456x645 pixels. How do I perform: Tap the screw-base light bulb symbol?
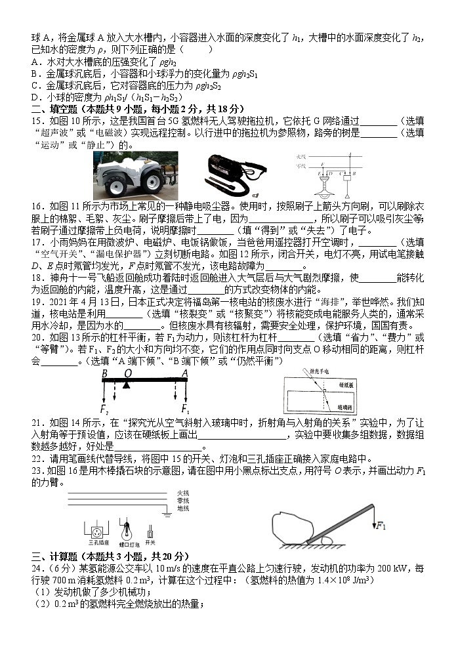tap(125, 530)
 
